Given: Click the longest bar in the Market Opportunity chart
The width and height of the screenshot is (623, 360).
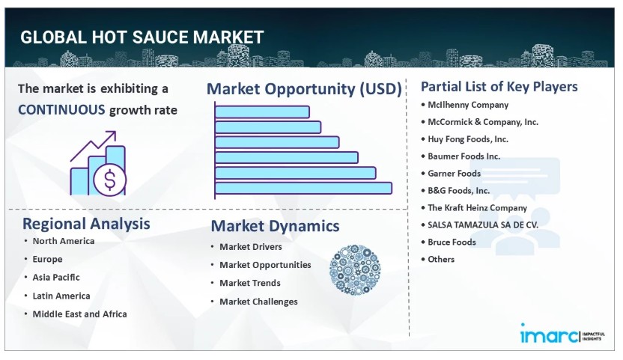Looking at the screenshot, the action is click(x=303, y=188).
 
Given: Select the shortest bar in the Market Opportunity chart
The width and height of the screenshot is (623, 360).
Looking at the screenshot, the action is click(x=262, y=112).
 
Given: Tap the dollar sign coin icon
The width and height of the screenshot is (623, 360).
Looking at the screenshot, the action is click(x=109, y=180).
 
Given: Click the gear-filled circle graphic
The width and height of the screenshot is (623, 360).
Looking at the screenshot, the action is click(x=355, y=269).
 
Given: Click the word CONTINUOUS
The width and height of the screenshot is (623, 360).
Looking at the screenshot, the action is click(x=61, y=110).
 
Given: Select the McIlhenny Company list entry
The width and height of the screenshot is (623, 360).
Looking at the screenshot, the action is click(x=468, y=105).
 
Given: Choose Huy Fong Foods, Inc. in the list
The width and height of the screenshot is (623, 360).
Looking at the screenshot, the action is click(x=468, y=139).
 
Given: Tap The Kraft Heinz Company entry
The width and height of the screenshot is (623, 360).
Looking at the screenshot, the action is click(x=477, y=208).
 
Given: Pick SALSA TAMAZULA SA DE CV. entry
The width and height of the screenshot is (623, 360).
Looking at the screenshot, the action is click(x=483, y=225).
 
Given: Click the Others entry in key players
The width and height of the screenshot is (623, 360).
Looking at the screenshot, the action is click(x=441, y=260).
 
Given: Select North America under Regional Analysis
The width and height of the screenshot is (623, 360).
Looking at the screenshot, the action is click(x=64, y=241).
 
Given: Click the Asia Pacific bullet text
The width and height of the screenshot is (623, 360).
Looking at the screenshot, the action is click(x=56, y=278).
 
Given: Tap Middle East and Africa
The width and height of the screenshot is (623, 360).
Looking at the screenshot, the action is click(x=80, y=314).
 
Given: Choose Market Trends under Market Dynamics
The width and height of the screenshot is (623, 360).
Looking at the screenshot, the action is click(x=250, y=283).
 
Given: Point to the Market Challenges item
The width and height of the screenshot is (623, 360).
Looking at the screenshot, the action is click(x=258, y=302).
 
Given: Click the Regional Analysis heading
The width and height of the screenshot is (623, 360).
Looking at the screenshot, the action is click(x=86, y=224).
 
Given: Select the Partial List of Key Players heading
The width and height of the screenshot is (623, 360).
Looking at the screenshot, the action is click(x=499, y=87).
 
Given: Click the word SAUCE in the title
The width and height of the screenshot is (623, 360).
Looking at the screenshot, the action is click(x=160, y=37).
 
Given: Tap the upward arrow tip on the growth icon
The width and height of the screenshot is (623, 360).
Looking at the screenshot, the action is click(x=115, y=132).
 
